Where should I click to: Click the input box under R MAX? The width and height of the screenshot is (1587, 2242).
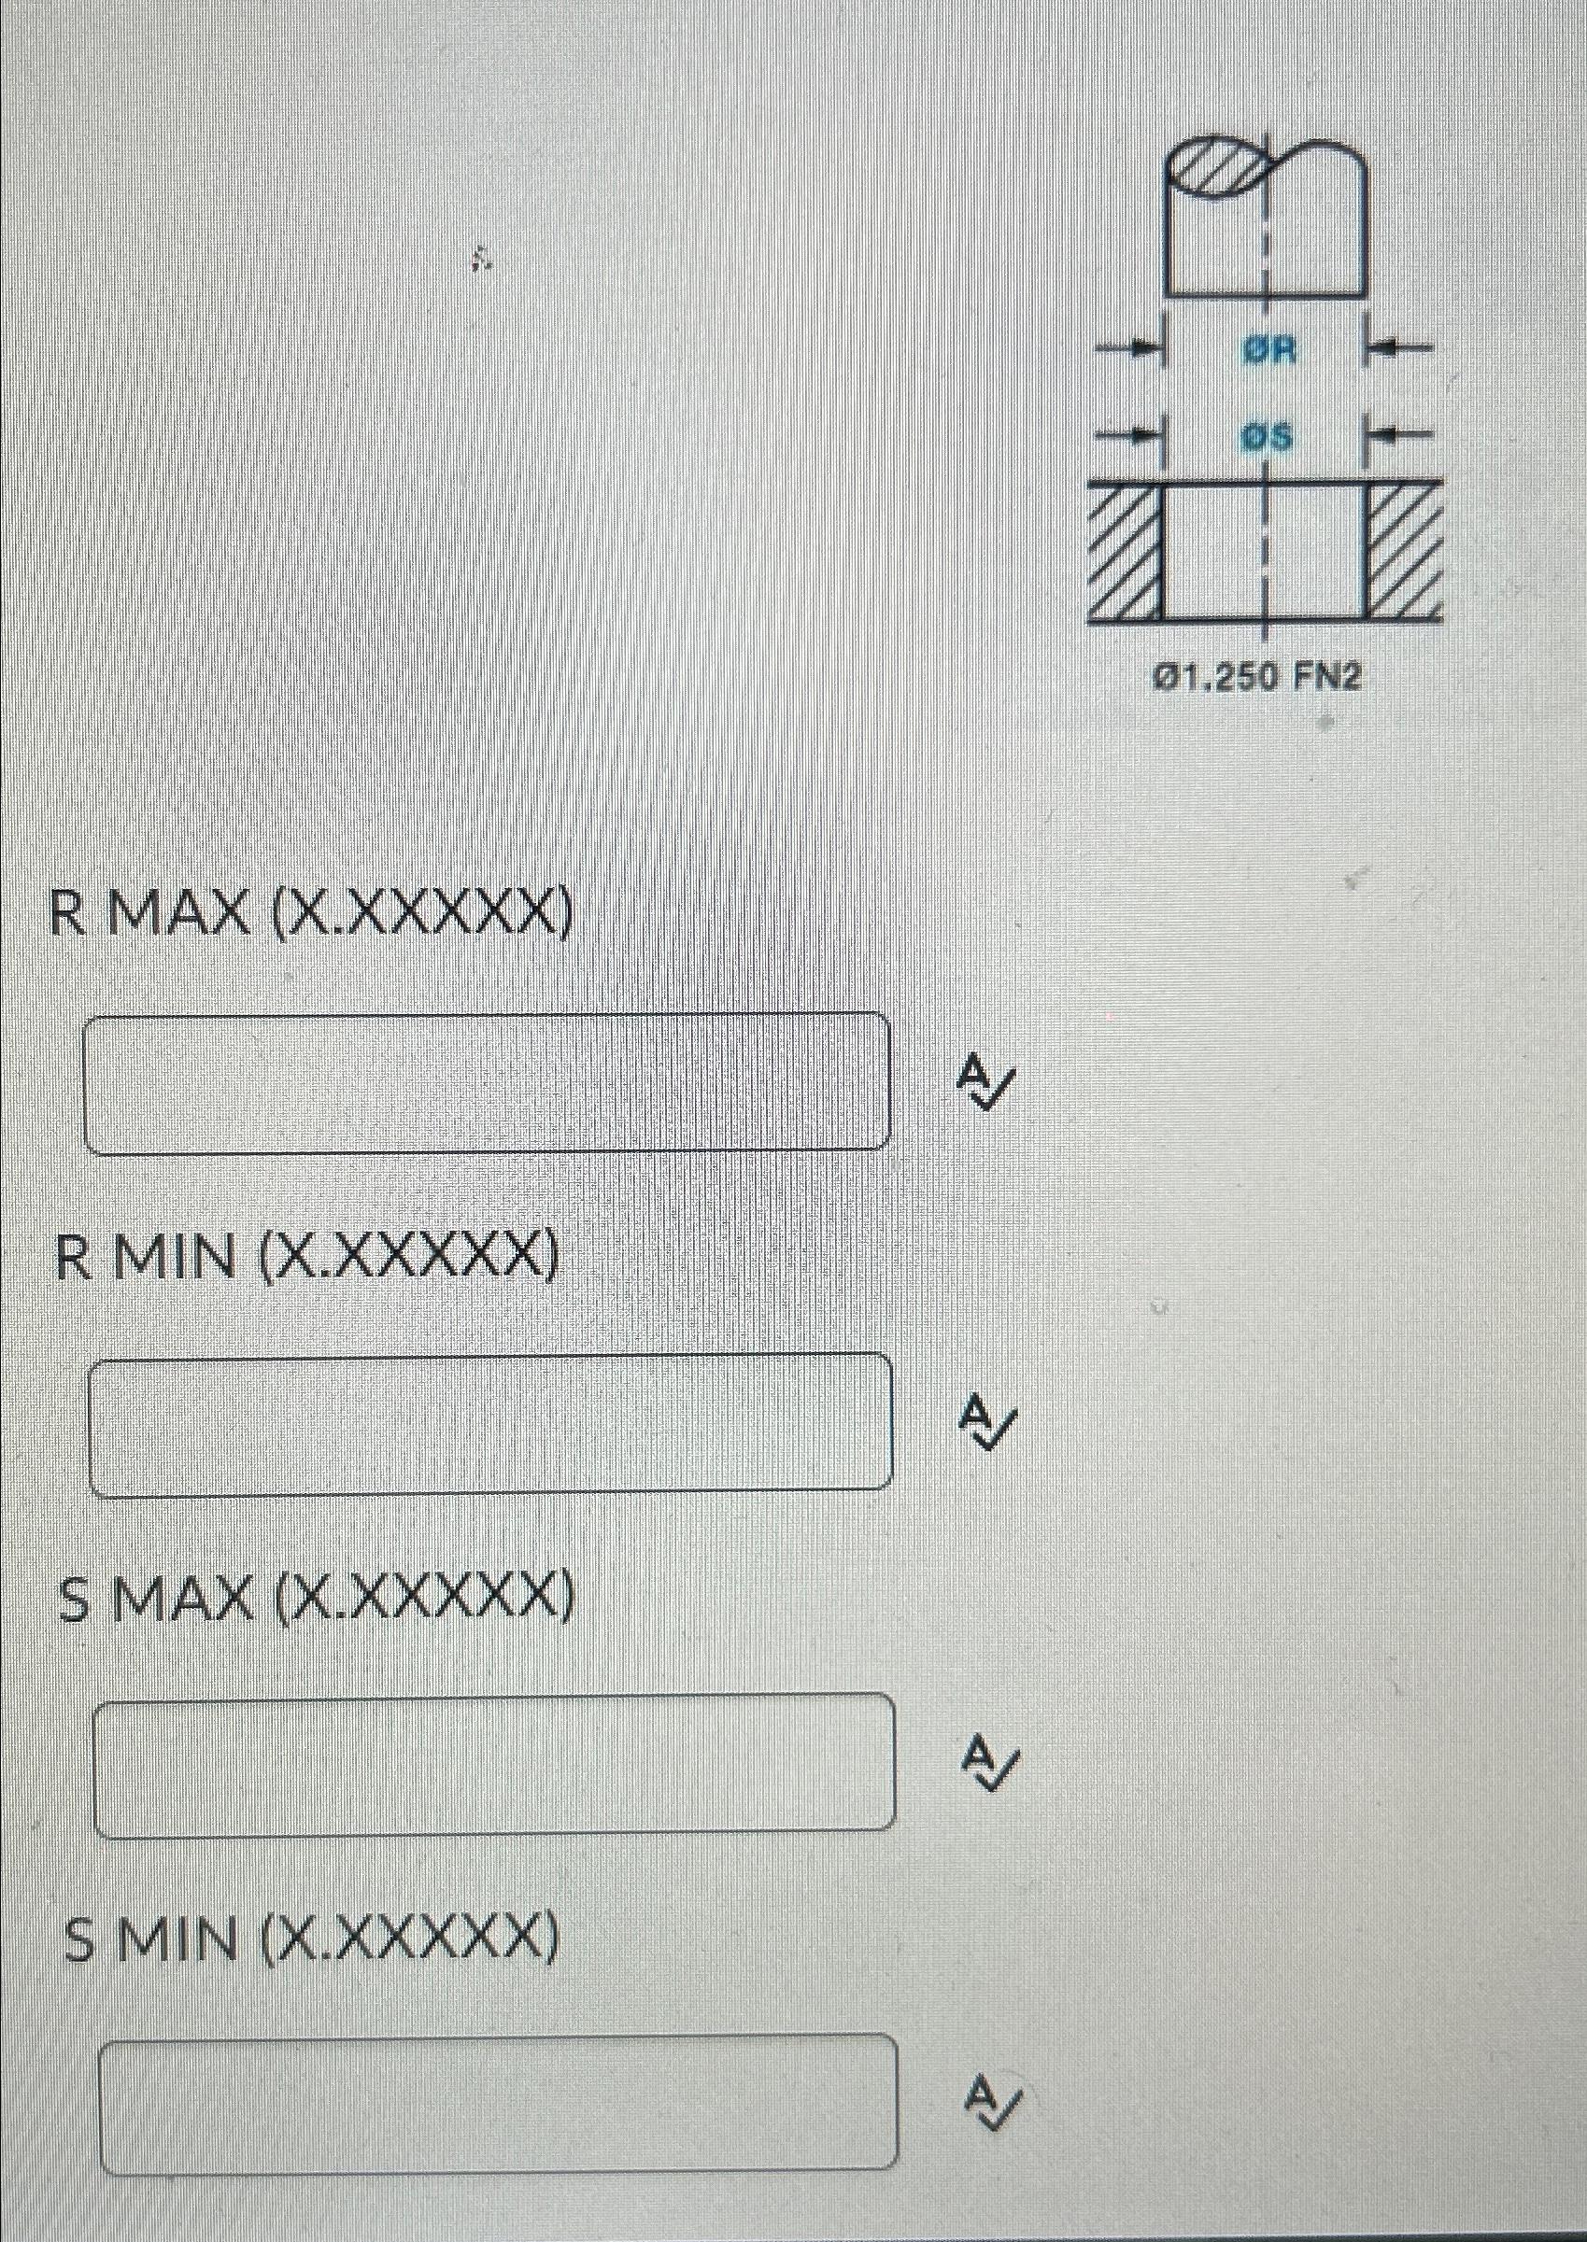pyautogui.click(x=487, y=1082)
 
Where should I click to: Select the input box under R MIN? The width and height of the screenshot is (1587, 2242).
pyautogui.click(x=489, y=1422)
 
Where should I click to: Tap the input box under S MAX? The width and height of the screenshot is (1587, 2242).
pyautogui.click(x=493, y=1761)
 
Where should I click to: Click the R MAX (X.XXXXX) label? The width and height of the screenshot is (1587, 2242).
pyautogui.click(x=312, y=913)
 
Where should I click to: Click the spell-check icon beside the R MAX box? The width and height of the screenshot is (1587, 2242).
pyautogui.click(x=987, y=1079)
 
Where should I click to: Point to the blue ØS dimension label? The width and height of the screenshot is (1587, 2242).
pyautogui.click(x=1268, y=439)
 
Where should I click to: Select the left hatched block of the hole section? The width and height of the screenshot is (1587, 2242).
pyautogui.click(x=1124, y=552)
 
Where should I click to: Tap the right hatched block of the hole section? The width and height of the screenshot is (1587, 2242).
pyautogui.click(x=1404, y=552)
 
